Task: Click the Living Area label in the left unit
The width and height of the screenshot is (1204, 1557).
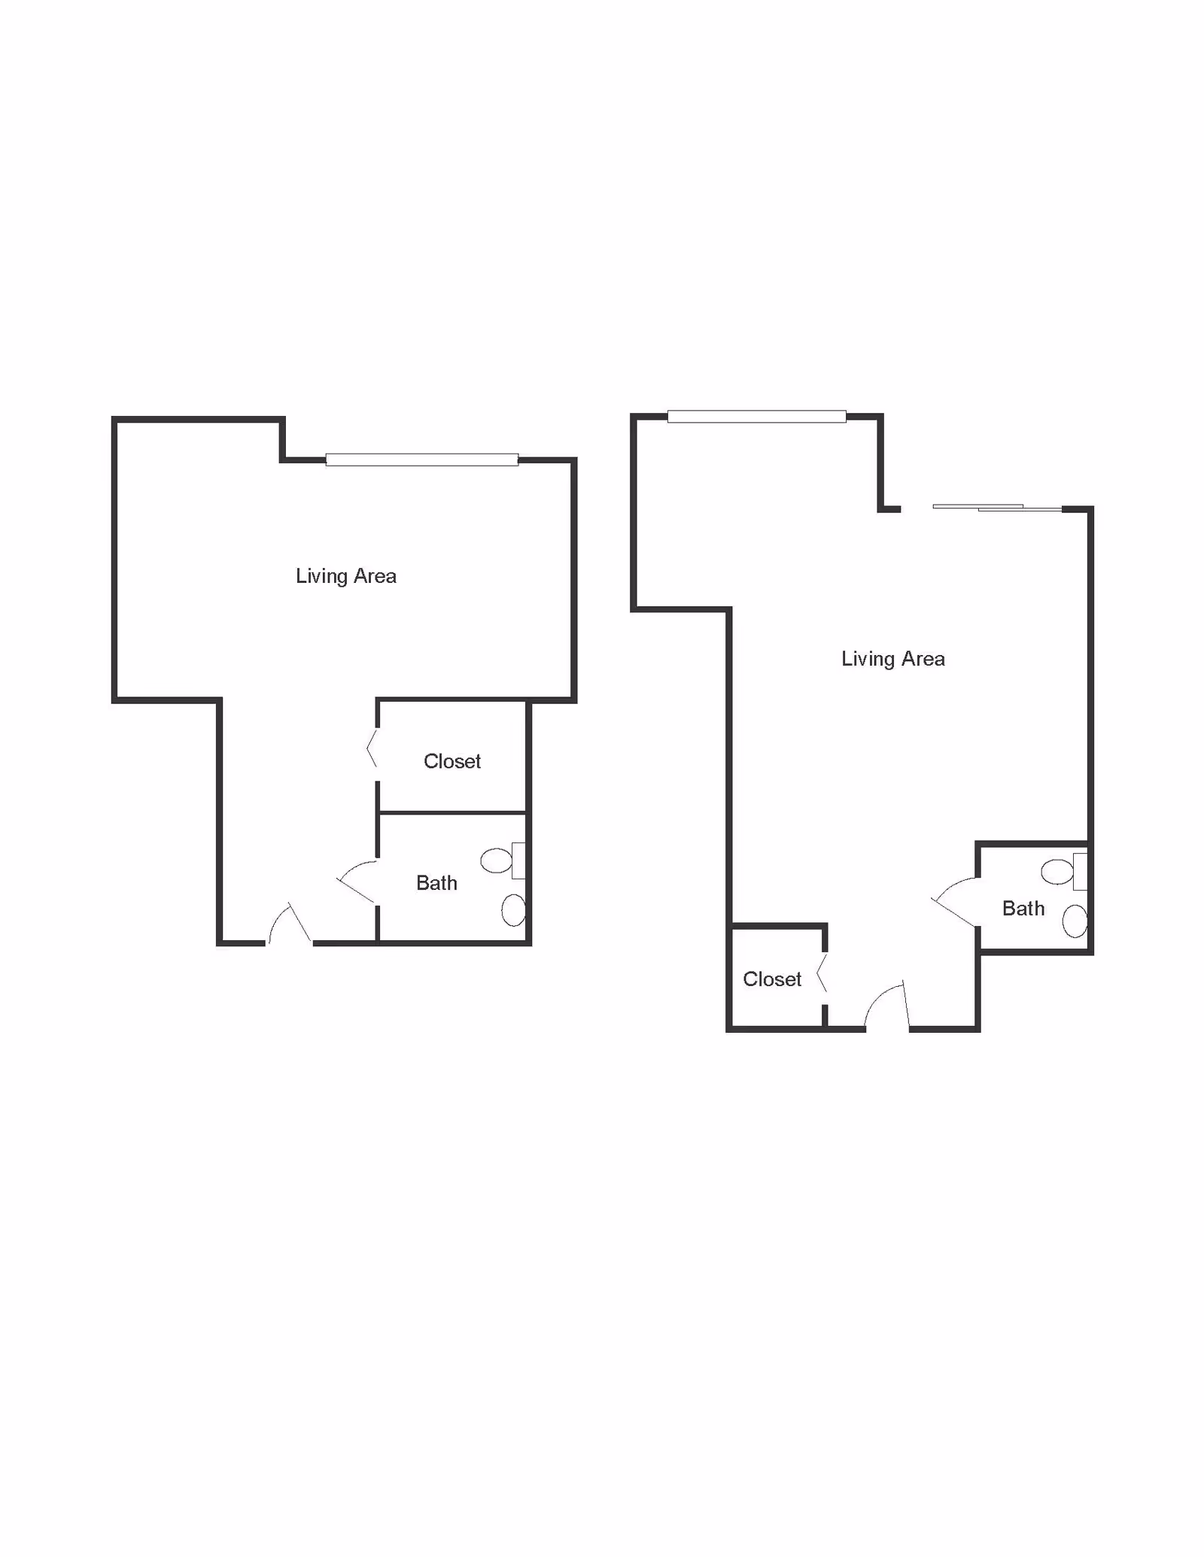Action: point(346,577)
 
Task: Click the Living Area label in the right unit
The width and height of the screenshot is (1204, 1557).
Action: point(893,660)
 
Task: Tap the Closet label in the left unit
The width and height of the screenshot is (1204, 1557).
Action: point(452,761)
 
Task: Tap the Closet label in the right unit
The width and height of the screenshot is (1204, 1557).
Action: point(772,979)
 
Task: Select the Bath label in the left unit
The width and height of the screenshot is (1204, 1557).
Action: point(437,883)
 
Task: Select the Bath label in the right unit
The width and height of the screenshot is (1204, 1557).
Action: point(1023,909)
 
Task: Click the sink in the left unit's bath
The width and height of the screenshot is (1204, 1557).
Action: point(513,910)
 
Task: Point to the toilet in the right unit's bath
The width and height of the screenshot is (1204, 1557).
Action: point(1064,872)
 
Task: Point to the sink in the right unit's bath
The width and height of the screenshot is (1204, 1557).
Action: point(1075,921)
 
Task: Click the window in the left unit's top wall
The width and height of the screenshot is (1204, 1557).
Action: point(422,460)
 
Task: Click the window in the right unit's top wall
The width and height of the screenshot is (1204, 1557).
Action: point(757,417)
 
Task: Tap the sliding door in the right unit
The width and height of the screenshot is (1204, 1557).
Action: point(997,508)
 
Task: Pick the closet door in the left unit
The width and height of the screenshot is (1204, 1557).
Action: point(372,748)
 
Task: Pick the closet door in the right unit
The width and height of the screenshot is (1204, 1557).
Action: point(822,973)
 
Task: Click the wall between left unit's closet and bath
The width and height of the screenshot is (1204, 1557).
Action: point(452,812)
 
